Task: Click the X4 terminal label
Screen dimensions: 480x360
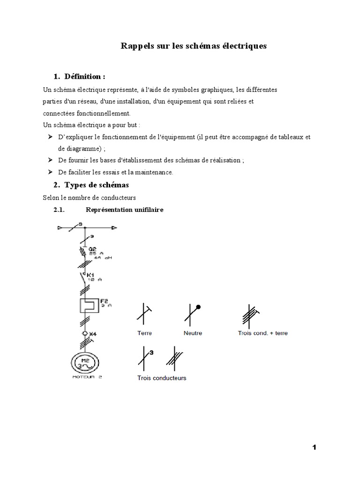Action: (x=93, y=334)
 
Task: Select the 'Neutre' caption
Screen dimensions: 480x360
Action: (x=193, y=333)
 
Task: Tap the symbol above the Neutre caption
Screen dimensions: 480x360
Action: (x=192, y=314)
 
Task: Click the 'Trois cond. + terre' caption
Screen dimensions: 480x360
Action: (x=263, y=333)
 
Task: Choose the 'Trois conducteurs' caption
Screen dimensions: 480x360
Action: (x=162, y=378)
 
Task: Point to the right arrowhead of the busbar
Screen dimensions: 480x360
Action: (x=114, y=228)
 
